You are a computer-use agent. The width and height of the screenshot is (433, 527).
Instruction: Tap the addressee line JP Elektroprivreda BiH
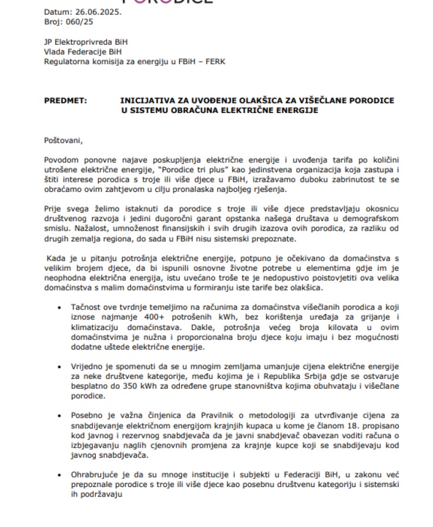pos(86,42)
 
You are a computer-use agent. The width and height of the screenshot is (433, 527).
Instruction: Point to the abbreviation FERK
pos(214,61)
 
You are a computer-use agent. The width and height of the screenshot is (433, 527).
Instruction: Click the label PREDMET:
pos(65,101)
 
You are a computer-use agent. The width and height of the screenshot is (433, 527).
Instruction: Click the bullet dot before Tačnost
pos(60,307)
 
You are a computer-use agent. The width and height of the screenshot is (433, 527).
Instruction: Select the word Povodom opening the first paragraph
pos(62,159)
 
